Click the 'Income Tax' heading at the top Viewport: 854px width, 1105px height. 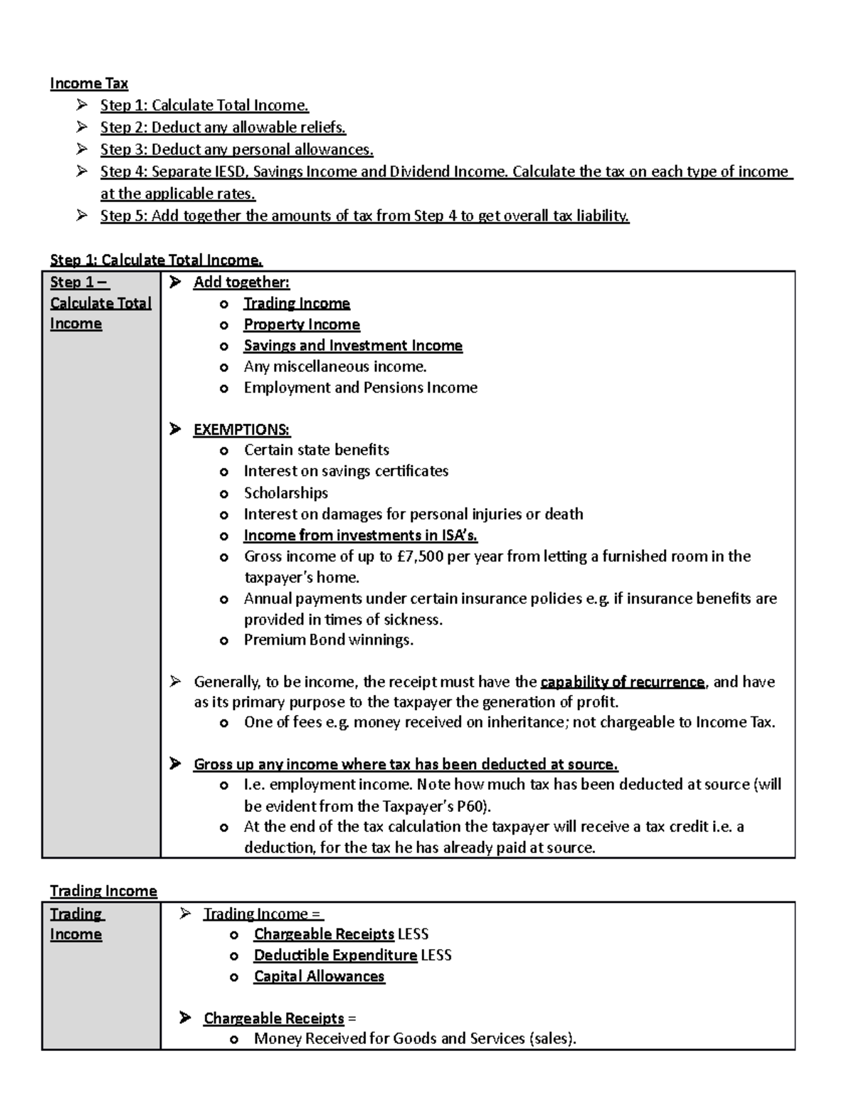coord(89,83)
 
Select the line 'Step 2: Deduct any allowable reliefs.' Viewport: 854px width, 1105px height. coord(223,127)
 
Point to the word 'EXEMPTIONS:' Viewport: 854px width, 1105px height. coord(242,430)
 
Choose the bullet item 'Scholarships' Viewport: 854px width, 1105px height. coord(286,493)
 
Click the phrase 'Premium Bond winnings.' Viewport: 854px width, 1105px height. coord(329,640)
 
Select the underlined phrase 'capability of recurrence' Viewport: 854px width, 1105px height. coord(623,682)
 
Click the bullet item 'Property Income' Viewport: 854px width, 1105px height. coord(302,324)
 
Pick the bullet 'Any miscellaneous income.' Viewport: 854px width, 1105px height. coord(335,366)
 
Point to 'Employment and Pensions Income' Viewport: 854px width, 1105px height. coord(361,388)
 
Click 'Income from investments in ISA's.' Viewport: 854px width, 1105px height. coord(361,535)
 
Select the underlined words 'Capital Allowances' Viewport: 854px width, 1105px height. coord(319,976)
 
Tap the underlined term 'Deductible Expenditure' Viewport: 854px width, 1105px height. coord(335,955)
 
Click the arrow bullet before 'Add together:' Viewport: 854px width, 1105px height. coord(175,282)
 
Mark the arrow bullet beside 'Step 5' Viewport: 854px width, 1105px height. coord(83,216)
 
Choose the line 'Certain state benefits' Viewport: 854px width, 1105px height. coord(317,450)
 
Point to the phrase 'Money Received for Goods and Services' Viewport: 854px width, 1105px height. coord(389,1039)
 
